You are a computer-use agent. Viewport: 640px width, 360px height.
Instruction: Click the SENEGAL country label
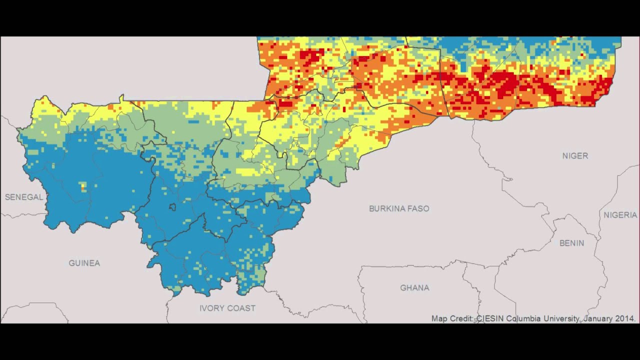point(24,197)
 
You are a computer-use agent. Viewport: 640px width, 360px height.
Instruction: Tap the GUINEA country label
point(84,263)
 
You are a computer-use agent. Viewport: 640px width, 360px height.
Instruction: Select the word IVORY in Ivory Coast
point(211,308)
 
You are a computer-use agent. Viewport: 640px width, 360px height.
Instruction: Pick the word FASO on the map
point(418,208)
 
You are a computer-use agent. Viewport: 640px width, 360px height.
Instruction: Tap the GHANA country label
point(414,288)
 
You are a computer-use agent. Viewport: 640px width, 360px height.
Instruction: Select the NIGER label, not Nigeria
point(575,156)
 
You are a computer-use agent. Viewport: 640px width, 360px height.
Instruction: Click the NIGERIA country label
point(620,215)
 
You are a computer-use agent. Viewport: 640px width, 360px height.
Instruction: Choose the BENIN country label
point(571,243)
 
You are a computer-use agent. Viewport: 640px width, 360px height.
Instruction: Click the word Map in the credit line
point(439,318)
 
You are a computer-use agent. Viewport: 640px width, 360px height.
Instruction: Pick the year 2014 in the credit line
point(625,318)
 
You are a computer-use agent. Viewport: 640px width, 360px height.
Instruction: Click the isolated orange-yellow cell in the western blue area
point(83,187)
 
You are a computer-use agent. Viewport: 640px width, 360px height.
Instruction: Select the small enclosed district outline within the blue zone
point(172,206)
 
